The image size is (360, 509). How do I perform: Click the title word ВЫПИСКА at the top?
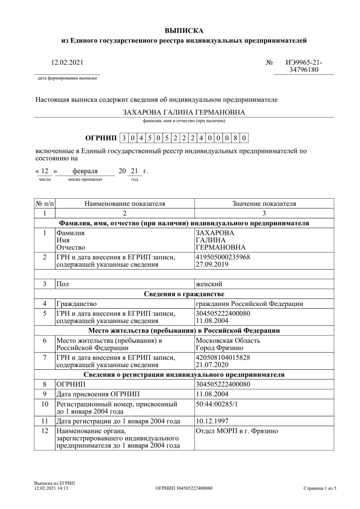[184, 31]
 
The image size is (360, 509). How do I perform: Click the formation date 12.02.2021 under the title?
[67, 62]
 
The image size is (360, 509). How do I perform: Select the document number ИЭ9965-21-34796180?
[304, 66]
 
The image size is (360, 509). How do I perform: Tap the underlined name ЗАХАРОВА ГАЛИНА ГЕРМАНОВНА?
[184, 112]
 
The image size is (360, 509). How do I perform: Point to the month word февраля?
[85, 171]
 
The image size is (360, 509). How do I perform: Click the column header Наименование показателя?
[125, 204]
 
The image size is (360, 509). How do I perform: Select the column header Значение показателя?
[264, 204]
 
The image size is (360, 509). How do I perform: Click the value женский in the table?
[209, 284]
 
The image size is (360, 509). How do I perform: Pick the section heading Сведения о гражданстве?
[184, 294]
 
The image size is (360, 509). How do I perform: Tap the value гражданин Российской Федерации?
[249, 304]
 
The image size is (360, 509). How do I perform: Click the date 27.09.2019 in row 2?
[212, 264]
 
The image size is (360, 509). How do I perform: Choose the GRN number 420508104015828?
[223, 357]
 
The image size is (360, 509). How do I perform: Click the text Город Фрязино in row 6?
[219, 348]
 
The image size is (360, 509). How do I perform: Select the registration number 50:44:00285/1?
[217, 404]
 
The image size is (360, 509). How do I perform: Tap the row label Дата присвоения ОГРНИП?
[98, 394]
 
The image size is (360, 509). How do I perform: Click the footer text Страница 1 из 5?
[320, 489]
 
